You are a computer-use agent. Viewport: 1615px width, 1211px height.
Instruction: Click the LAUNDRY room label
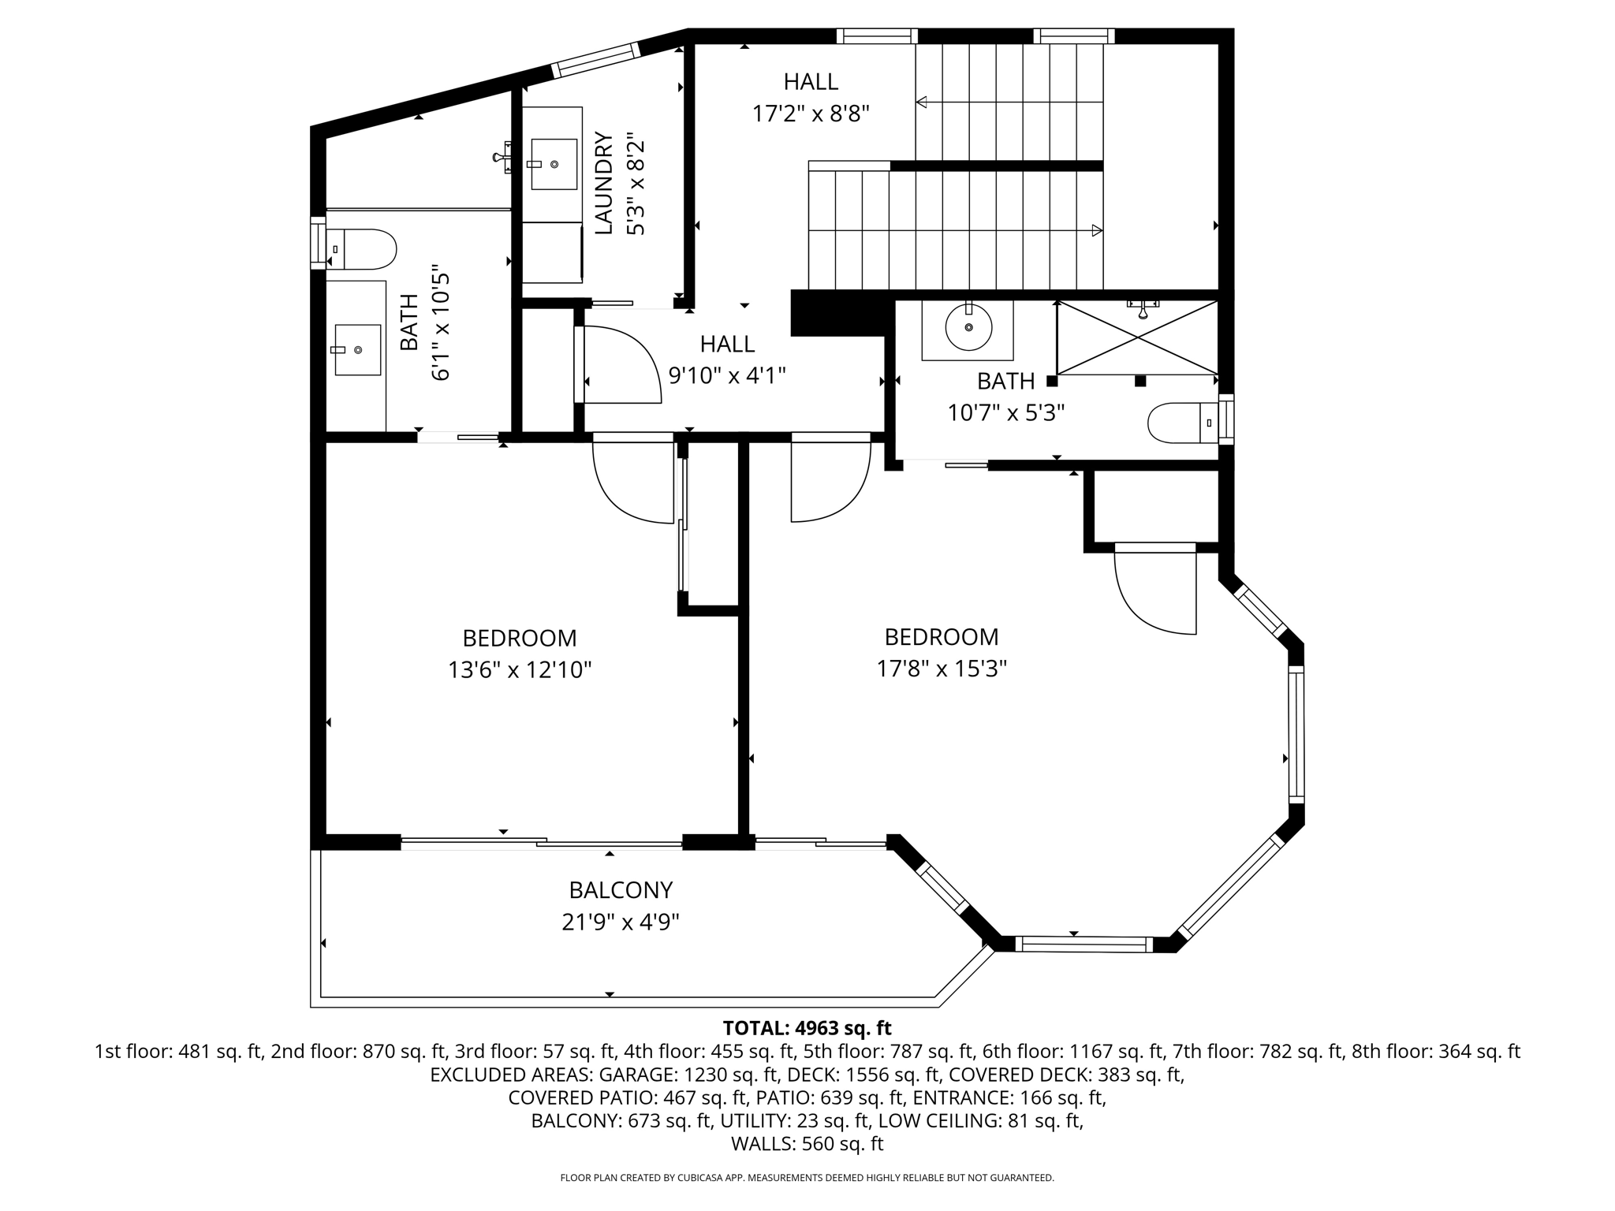pos(603,184)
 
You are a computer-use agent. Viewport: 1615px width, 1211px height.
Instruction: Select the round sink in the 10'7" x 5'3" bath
pos(968,327)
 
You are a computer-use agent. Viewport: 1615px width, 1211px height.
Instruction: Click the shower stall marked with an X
pos(1137,337)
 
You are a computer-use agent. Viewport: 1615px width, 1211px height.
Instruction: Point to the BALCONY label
pos(621,890)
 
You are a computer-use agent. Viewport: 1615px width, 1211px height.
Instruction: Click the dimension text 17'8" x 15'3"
pos(942,669)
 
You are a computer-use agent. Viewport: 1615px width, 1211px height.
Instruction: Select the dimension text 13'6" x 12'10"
pos(520,670)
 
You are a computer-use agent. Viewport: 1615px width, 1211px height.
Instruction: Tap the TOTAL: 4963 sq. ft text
pos(807,1028)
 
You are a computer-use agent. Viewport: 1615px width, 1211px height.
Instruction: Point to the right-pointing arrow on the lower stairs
pos(1096,230)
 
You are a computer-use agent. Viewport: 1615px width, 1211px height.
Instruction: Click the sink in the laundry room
pos(554,164)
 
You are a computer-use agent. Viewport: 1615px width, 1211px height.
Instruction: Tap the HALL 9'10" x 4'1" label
pos(727,360)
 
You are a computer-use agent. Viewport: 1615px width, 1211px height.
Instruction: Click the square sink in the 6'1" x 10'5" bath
pos(357,349)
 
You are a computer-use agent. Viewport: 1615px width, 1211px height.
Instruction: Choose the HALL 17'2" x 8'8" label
pos(811,98)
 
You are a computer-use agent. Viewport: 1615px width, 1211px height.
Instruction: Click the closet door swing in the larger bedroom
pos(1153,593)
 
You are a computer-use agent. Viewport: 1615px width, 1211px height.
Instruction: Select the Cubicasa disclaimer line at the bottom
pos(807,1178)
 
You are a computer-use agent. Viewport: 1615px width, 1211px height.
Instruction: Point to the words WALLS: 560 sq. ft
pos(807,1144)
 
